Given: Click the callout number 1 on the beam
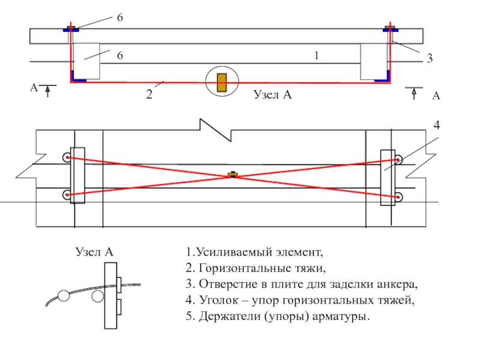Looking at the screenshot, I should [x=316, y=56].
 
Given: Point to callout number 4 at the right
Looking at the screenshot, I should [x=437, y=126].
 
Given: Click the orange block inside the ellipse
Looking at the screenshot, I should [x=222, y=83].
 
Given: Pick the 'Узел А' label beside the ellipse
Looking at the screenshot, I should [x=272, y=94].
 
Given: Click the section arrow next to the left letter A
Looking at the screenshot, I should [x=48, y=91].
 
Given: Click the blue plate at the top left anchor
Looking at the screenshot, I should [x=70, y=28].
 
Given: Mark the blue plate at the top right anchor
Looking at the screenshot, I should [x=390, y=28].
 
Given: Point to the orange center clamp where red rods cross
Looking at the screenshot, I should [x=232, y=175].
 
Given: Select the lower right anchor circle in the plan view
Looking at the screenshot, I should [x=398, y=196].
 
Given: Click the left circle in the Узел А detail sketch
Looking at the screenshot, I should [x=64, y=295].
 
